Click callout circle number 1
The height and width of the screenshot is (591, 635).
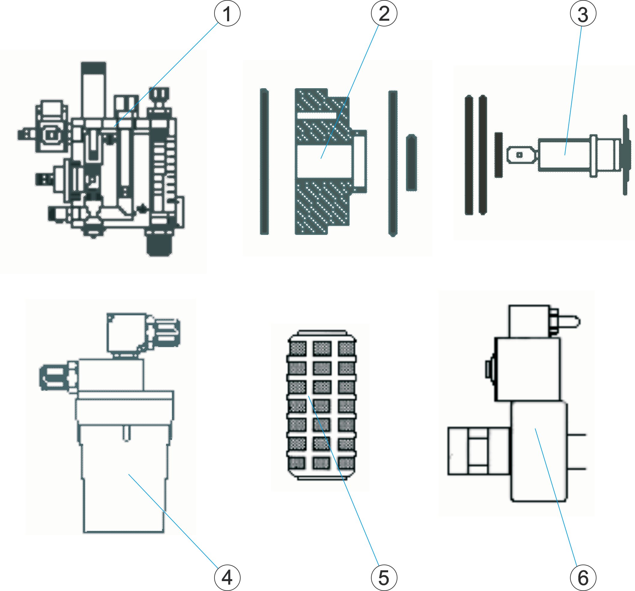pos(227,14)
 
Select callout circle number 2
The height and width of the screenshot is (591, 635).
pos(384,14)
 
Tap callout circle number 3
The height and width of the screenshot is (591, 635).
pos(583,14)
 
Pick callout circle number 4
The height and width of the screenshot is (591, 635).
pos(227,577)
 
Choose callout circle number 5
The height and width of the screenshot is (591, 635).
pos(384,577)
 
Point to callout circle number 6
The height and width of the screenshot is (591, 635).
pos(583,577)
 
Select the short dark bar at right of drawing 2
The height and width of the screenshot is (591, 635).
pos(412,163)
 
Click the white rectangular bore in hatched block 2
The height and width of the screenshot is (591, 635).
pos(324,161)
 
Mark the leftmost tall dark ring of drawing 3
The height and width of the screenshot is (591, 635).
pos(469,155)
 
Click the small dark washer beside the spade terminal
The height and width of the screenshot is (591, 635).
pos(499,155)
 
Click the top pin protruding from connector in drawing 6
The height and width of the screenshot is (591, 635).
pos(572,321)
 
